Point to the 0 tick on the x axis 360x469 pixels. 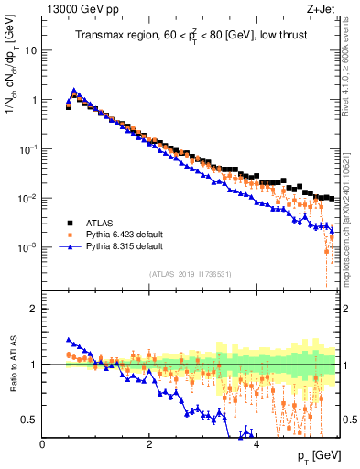click(43, 443)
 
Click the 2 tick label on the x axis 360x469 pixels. click(149, 443)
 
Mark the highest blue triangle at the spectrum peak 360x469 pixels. click(74, 91)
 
